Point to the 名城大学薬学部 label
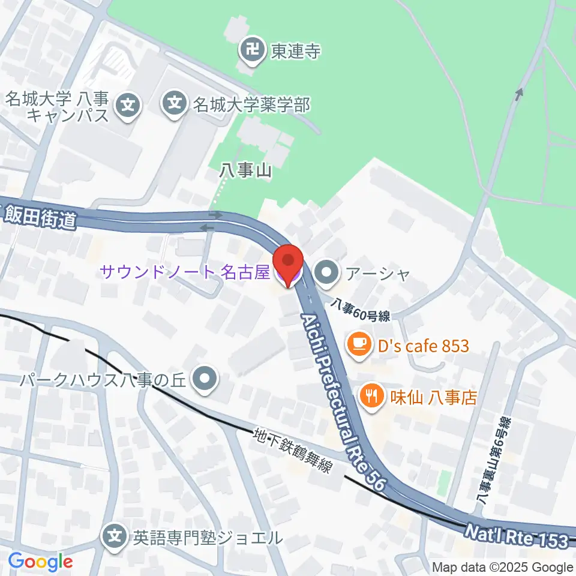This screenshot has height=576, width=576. click(x=251, y=105)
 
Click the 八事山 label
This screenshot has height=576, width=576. click(x=245, y=171)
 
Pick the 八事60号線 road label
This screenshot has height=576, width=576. click(x=362, y=311)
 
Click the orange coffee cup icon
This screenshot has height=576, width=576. click(x=358, y=345)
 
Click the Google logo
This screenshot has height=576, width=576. click(x=40, y=562)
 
